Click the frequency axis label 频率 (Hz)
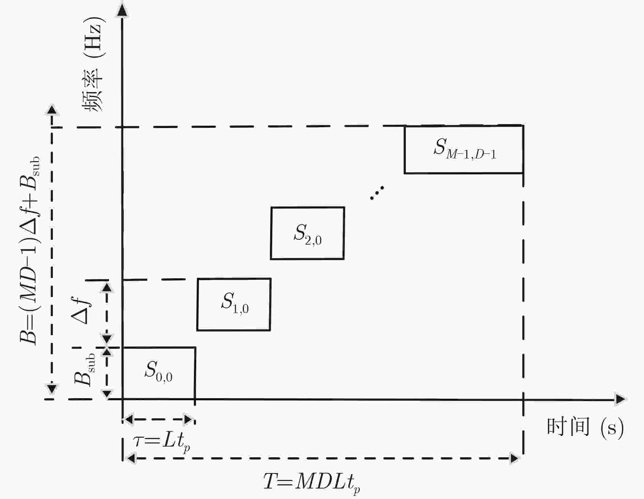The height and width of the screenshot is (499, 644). click(93, 67)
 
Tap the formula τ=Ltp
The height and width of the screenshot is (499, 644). click(161, 443)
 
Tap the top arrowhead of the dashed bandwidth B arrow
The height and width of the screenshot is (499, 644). click(52, 110)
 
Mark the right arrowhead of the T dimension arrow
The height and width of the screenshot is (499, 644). click(514, 458)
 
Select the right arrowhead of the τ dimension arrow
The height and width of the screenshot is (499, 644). click(188, 419)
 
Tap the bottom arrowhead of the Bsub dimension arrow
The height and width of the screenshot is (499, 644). click(107, 393)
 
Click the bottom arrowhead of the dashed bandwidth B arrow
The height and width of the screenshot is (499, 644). click(52, 388)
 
